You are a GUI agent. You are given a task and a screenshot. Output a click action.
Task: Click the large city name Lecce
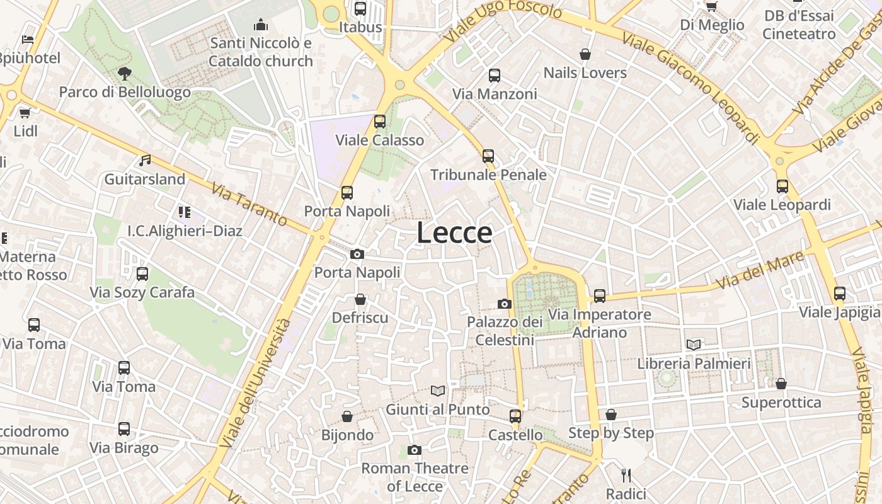[x=454, y=232]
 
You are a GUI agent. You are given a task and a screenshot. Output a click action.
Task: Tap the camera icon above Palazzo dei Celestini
[x=504, y=304]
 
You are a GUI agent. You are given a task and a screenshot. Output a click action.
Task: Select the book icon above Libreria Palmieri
[x=694, y=345]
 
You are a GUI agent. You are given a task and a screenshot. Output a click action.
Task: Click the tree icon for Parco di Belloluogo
[x=124, y=74]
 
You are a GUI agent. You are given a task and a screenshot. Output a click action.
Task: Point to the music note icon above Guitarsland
[x=145, y=161]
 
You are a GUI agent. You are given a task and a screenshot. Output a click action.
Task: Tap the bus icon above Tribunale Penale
[x=488, y=156]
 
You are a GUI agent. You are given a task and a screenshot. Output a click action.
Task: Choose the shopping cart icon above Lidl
[x=25, y=113]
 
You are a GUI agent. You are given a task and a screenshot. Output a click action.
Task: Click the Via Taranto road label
[x=249, y=204]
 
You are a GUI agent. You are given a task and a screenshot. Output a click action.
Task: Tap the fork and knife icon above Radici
[x=626, y=475]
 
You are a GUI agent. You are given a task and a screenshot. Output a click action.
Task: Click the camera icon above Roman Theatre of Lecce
[x=414, y=450]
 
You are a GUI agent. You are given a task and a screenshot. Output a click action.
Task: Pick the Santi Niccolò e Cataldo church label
[x=261, y=52]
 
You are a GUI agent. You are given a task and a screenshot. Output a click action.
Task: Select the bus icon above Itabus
[x=360, y=9]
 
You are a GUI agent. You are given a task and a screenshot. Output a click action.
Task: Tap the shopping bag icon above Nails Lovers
[x=585, y=55]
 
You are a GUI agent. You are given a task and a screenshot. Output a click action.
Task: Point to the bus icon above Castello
[x=515, y=416]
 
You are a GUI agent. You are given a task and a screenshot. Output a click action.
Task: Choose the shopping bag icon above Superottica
[x=781, y=384]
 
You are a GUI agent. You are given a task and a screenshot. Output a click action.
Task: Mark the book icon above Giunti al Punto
[x=438, y=391]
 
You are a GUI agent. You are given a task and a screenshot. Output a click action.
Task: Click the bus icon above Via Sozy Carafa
[x=142, y=274]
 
